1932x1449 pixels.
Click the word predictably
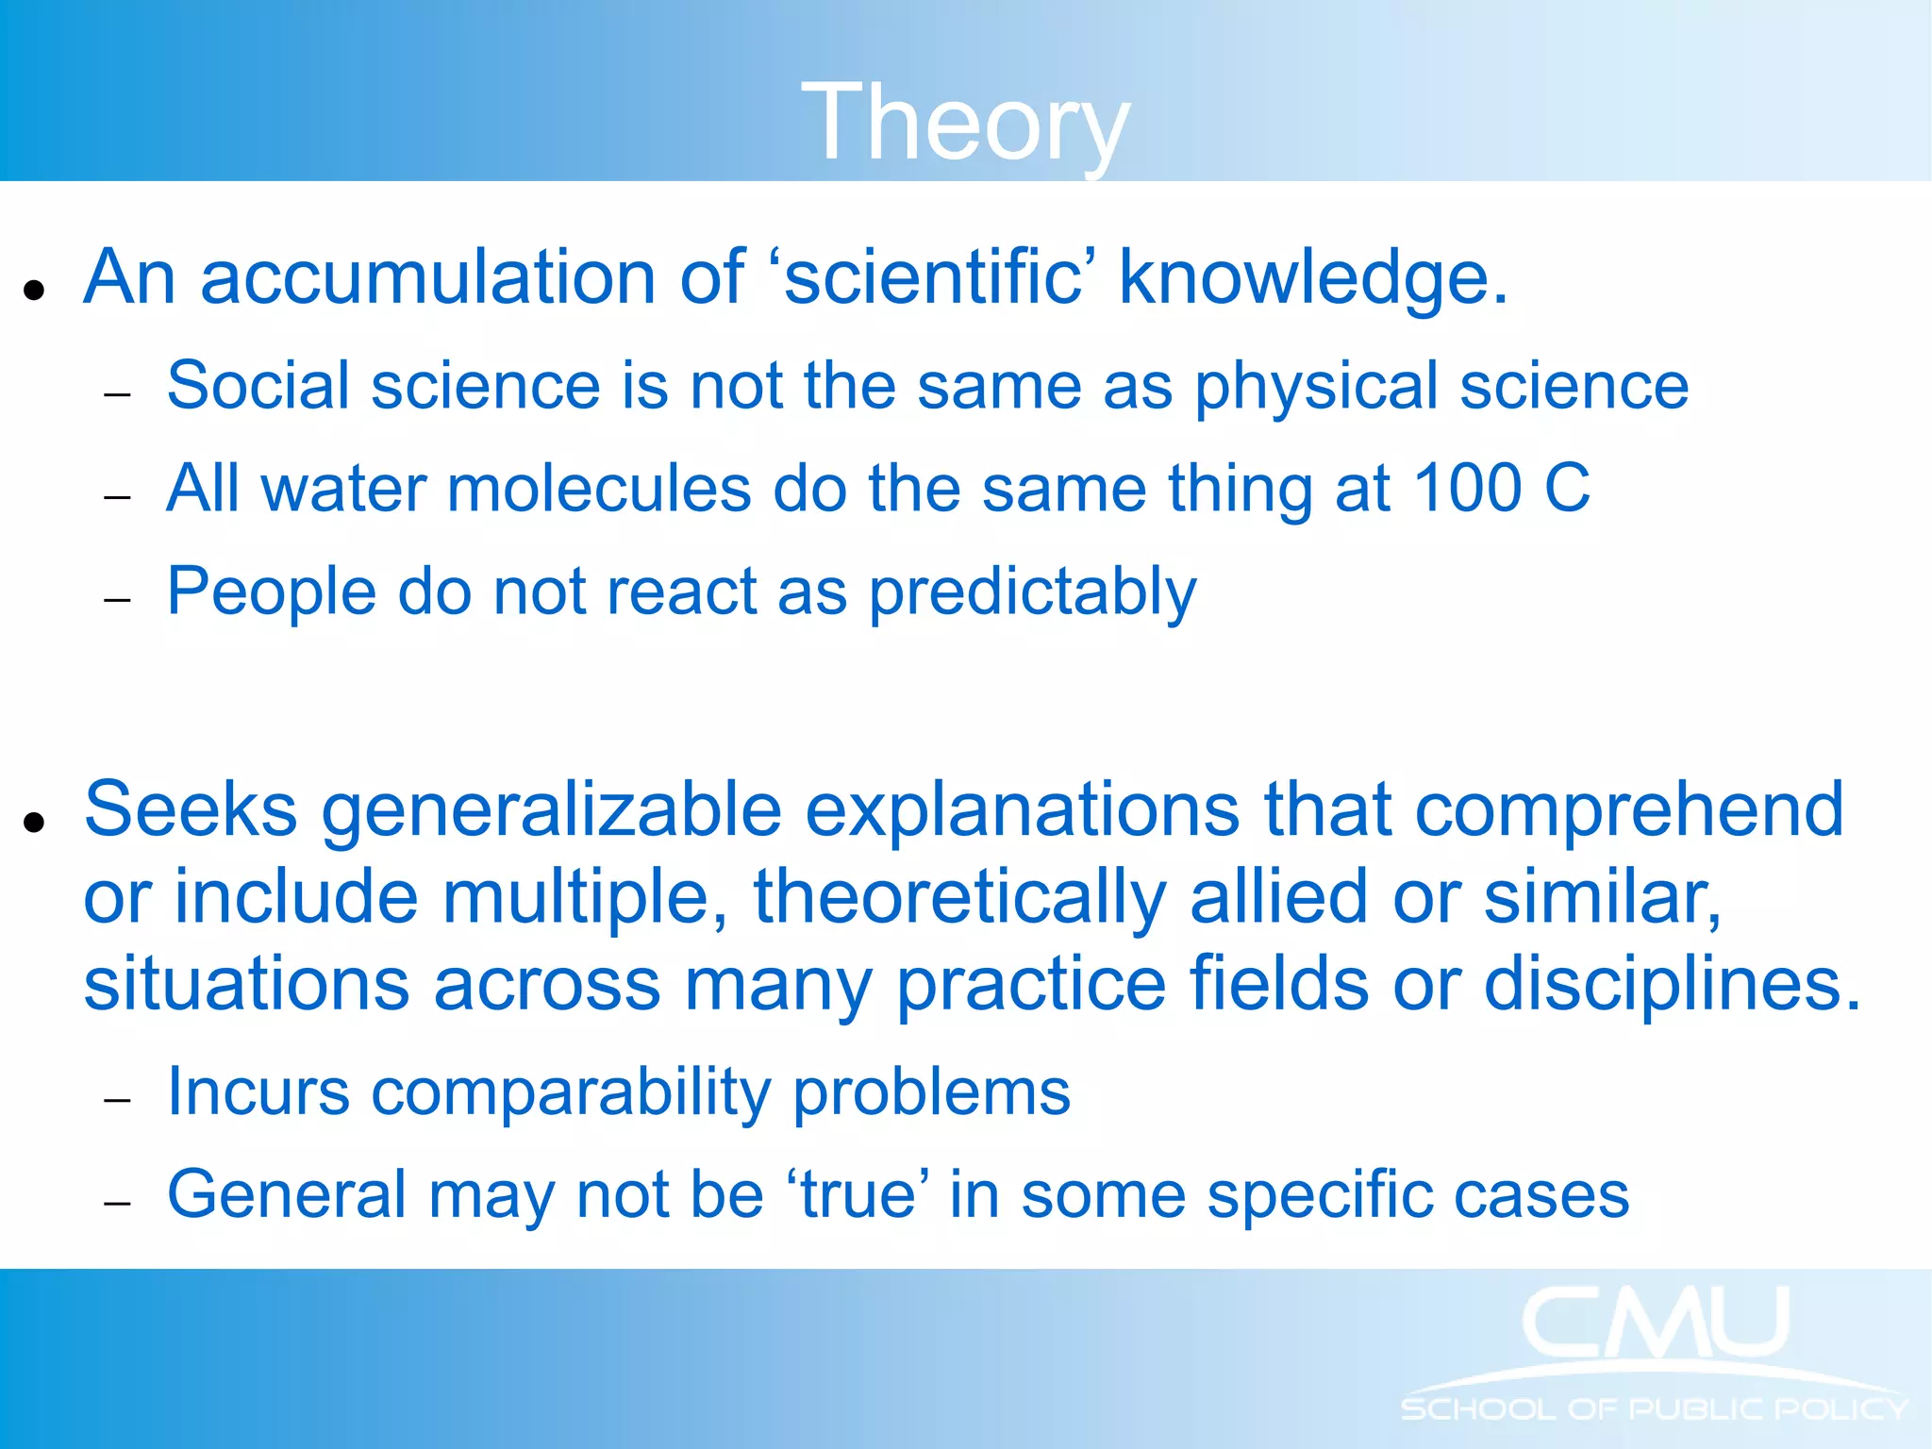click(1032, 592)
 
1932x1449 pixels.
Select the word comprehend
click(1629, 809)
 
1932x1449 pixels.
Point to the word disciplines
click(1671, 984)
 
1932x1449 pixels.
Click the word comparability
click(571, 1093)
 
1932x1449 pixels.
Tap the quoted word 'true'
click(858, 1195)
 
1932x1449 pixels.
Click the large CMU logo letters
click(1656, 1323)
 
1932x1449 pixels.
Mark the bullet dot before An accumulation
click(35, 290)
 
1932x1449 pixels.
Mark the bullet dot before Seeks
click(35, 822)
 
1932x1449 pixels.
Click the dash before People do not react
click(117, 600)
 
